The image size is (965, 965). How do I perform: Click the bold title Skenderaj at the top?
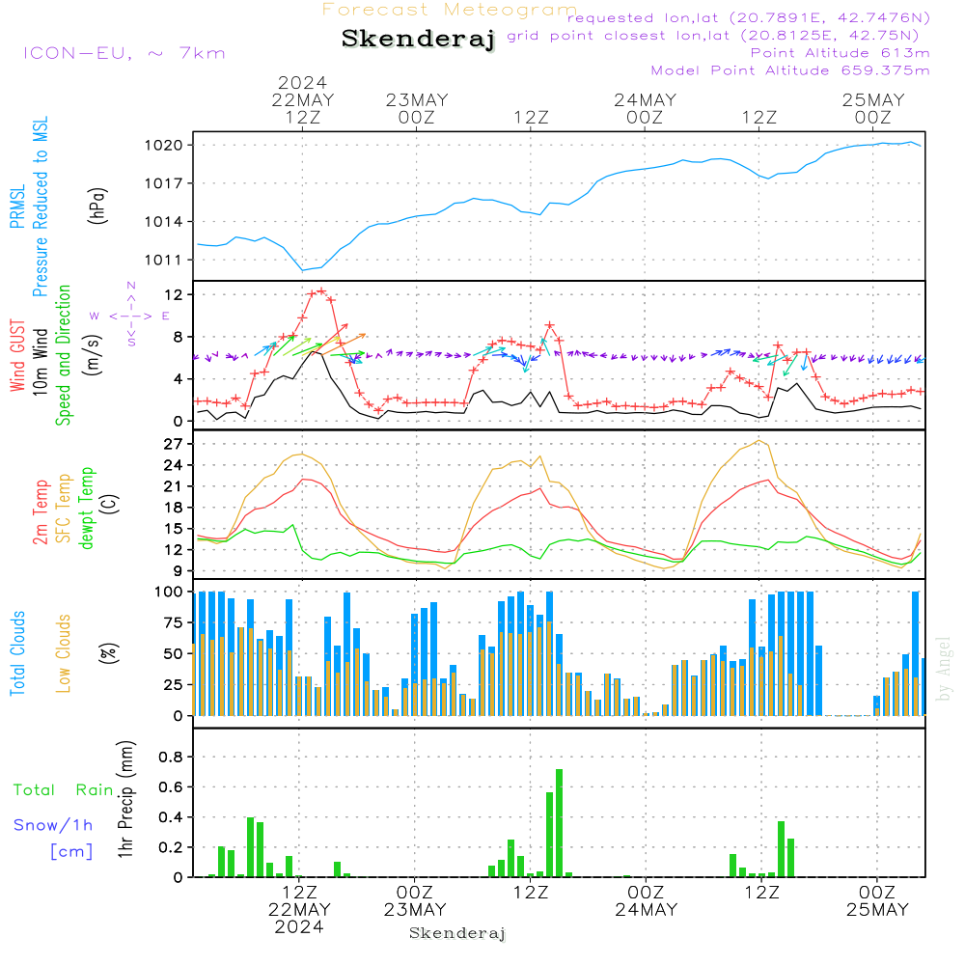[x=418, y=40]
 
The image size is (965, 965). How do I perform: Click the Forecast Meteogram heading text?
[x=450, y=10]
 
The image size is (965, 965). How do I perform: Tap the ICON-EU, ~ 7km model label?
[x=124, y=52]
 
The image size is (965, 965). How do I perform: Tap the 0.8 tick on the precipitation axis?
[x=171, y=757]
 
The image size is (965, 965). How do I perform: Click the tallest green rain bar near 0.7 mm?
[x=559, y=822]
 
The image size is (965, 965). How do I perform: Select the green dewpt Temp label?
[x=87, y=508]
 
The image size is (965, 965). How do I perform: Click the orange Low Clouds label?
[x=64, y=652]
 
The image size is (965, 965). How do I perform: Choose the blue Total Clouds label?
[x=17, y=652]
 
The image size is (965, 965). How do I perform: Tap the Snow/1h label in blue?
[x=53, y=825]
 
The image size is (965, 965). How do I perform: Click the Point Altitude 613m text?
[x=840, y=52]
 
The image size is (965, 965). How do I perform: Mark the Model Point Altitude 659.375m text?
[x=790, y=69]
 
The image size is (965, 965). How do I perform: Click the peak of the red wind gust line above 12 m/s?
[x=320, y=290]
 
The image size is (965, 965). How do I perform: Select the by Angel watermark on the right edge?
[x=944, y=668]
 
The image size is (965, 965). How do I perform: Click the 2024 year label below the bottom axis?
[x=299, y=926]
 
